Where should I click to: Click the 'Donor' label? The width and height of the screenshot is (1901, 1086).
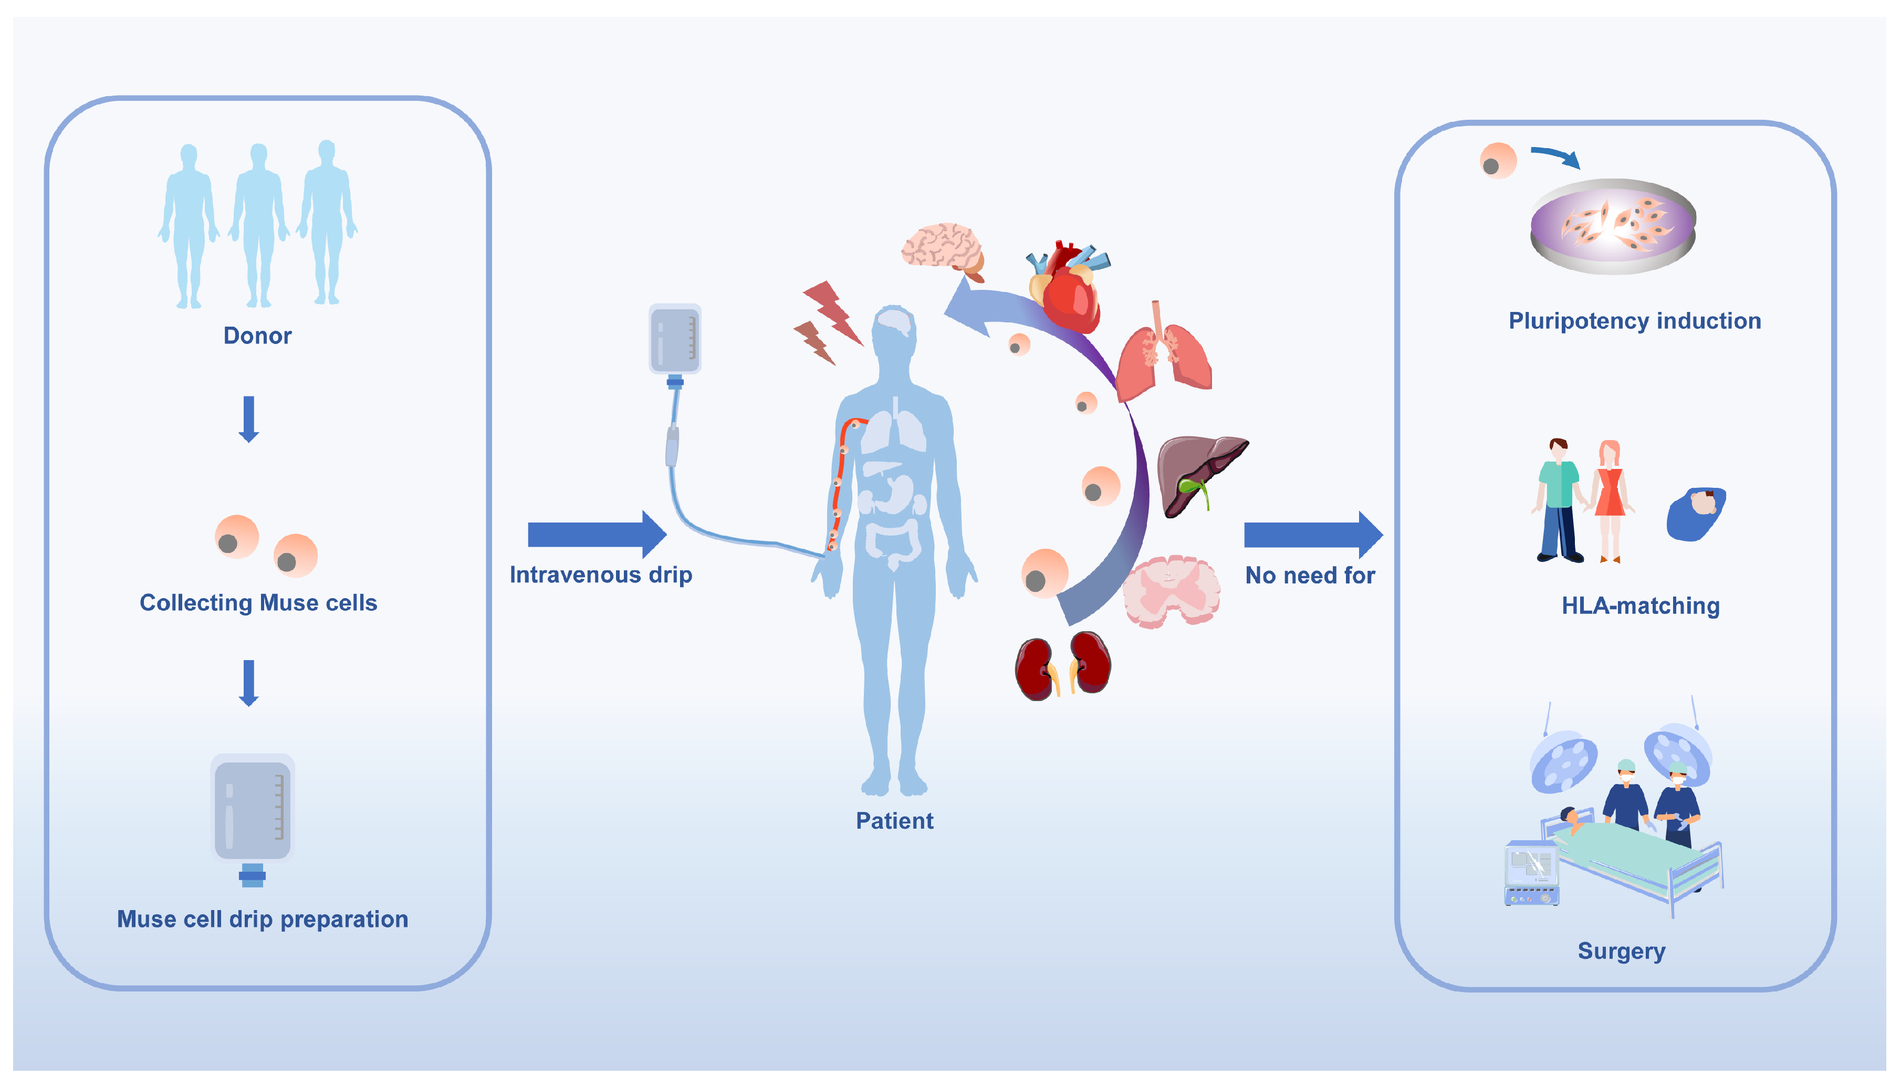point(257,336)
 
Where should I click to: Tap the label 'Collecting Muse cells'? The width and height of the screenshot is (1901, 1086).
point(258,603)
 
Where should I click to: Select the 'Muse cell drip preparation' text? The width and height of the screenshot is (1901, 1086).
point(263,919)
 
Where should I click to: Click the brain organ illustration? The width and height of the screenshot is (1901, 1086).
point(943,248)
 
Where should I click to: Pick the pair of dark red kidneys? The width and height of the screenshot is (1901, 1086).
point(1063,666)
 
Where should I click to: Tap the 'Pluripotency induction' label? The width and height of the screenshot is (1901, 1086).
point(1635,321)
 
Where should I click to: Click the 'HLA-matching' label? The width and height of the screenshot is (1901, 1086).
point(1641,605)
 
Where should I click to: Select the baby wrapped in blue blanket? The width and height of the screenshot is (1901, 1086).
point(1696,513)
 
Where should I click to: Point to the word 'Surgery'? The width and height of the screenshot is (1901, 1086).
point(1621,951)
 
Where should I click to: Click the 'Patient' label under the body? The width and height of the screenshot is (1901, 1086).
point(894,820)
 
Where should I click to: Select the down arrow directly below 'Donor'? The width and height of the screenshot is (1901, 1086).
point(249,419)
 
